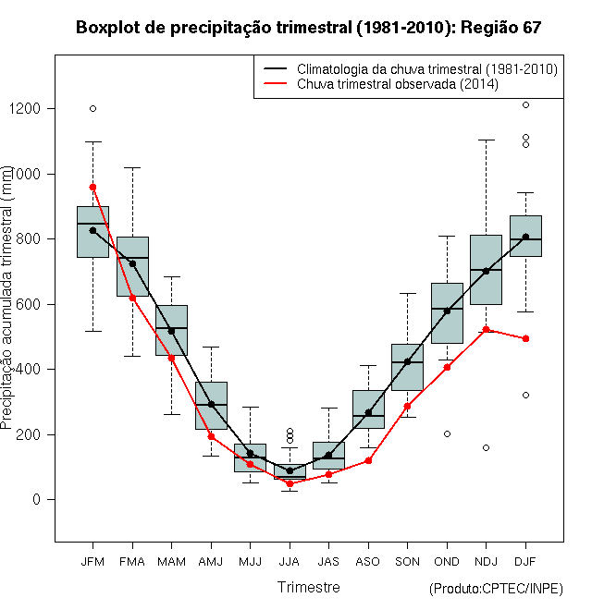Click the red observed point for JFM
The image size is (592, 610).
tap(92, 187)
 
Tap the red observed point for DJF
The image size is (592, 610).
tap(525, 338)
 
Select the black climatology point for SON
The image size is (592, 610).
tap(407, 361)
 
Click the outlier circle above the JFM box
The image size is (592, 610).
tap(92, 108)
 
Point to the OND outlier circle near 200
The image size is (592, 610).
tap(447, 433)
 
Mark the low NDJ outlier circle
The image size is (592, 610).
tap(486, 447)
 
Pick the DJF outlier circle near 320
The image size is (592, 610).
tap(525, 395)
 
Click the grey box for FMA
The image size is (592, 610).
tap(132, 266)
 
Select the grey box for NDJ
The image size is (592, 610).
tap(486, 270)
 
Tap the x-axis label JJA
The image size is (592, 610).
tap(290, 562)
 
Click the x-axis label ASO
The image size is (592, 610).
tap(368, 562)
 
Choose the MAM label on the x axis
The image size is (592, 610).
tap(171, 562)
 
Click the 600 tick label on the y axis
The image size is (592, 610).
tap(28, 304)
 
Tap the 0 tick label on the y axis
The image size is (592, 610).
tap(37, 499)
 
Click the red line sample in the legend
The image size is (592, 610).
tap(275, 83)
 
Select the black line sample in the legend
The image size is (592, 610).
tap(275, 69)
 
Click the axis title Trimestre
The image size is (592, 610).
tap(308, 587)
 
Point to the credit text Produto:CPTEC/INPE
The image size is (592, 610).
tap(496, 589)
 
